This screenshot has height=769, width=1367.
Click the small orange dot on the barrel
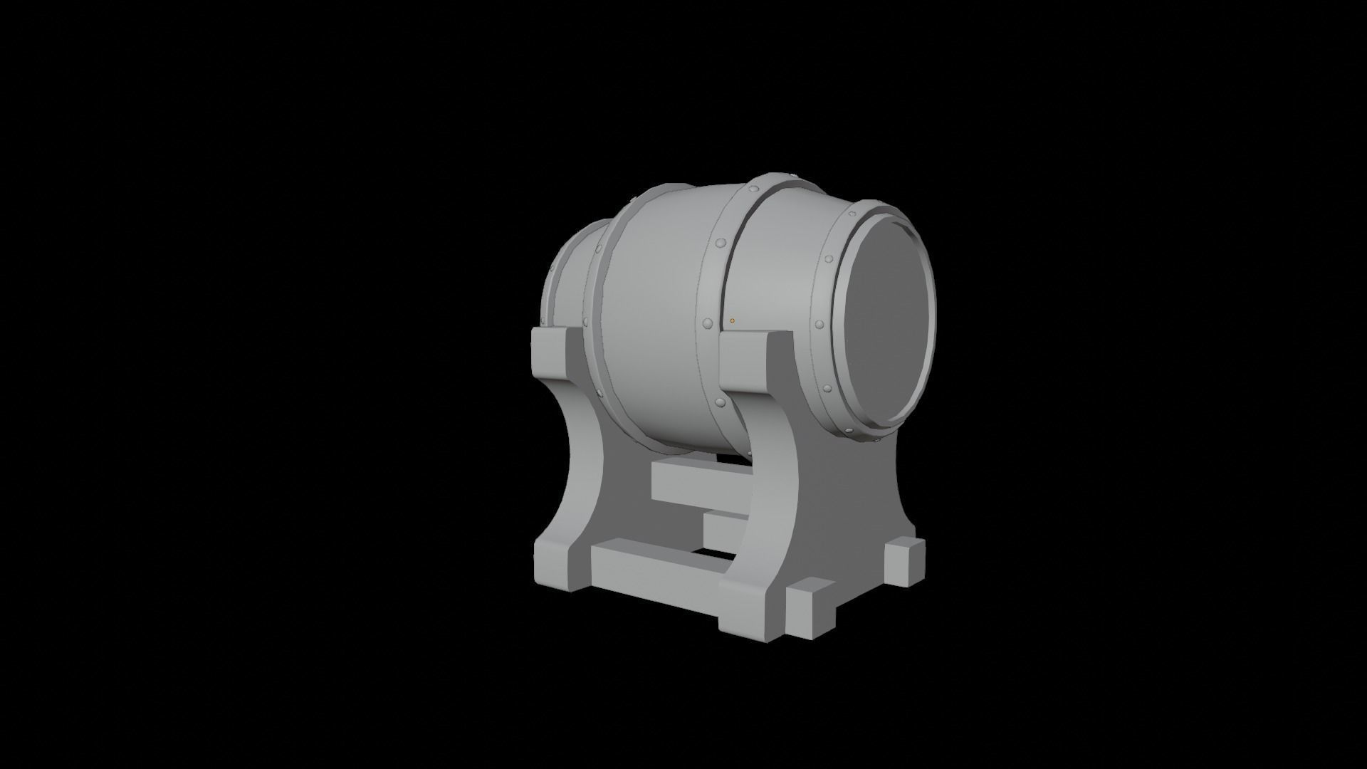click(732, 320)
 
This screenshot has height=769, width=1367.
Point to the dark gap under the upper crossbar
click(733, 552)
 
